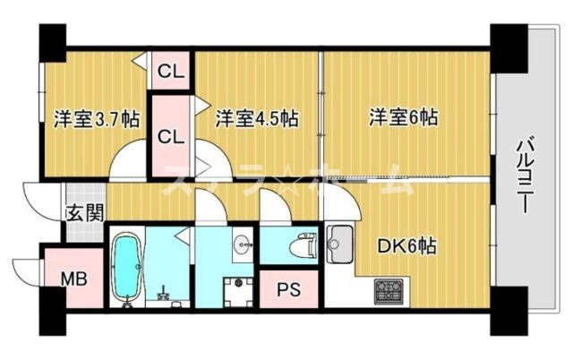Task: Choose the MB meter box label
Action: [73, 279]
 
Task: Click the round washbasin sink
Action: [240, 244]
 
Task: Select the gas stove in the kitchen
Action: [390, 290]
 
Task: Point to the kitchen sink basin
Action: [340, 241]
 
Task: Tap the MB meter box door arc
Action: [27, 269]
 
